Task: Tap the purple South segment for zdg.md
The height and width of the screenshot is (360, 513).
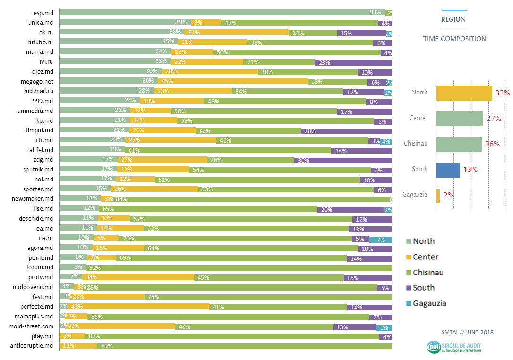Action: tap(343, 160)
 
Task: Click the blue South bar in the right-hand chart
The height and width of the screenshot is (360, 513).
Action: tap(448, 169)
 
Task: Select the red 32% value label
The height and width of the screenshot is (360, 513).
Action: tap(502, 93)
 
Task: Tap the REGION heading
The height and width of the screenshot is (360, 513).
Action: tap(453, 20)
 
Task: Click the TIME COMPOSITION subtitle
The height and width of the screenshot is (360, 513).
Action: tap(454, 39)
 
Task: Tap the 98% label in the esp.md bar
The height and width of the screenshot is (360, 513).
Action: tap(375, 13)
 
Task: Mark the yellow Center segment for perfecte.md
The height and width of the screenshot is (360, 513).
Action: tap(137, 307)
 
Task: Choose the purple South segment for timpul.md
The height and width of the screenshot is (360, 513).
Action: tap(346, 130)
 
